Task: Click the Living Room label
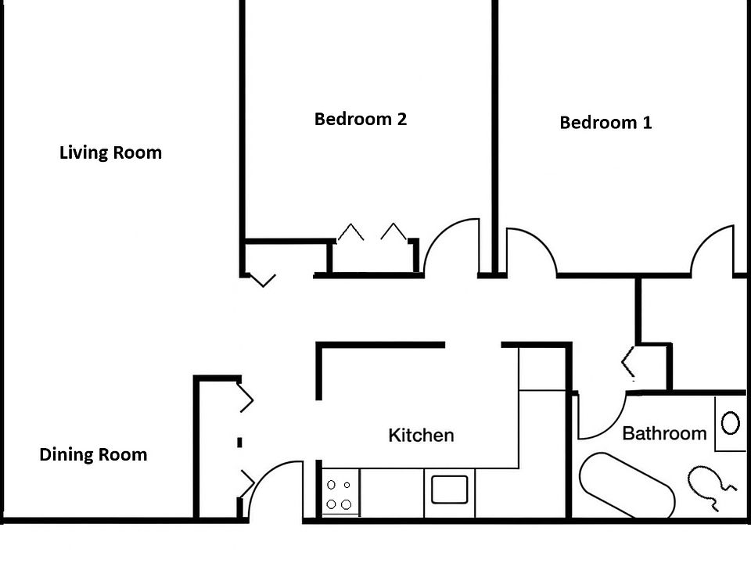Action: [x=110, y=152]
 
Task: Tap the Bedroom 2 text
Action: [x=360, y=119]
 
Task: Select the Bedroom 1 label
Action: [x=605, y=123]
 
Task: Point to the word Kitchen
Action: [x=421, y=436]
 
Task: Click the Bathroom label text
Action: [x=664, y=433]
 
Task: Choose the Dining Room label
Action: [x=93, y=454]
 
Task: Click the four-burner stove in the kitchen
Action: [x=340, y=494]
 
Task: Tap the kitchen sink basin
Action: [x=449, y=489]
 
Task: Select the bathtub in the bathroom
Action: [x=626, y=485]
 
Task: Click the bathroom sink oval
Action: [x=730, y=423]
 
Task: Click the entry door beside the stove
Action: [x=274, y=489]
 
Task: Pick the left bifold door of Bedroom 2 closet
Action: [x=350, y=232]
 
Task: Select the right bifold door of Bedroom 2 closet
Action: [x=393, y=232]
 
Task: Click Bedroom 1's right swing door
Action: [x=712, y=249]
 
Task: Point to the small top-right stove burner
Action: [x=347, y=486]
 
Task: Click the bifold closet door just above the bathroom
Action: [x=628, y=361]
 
